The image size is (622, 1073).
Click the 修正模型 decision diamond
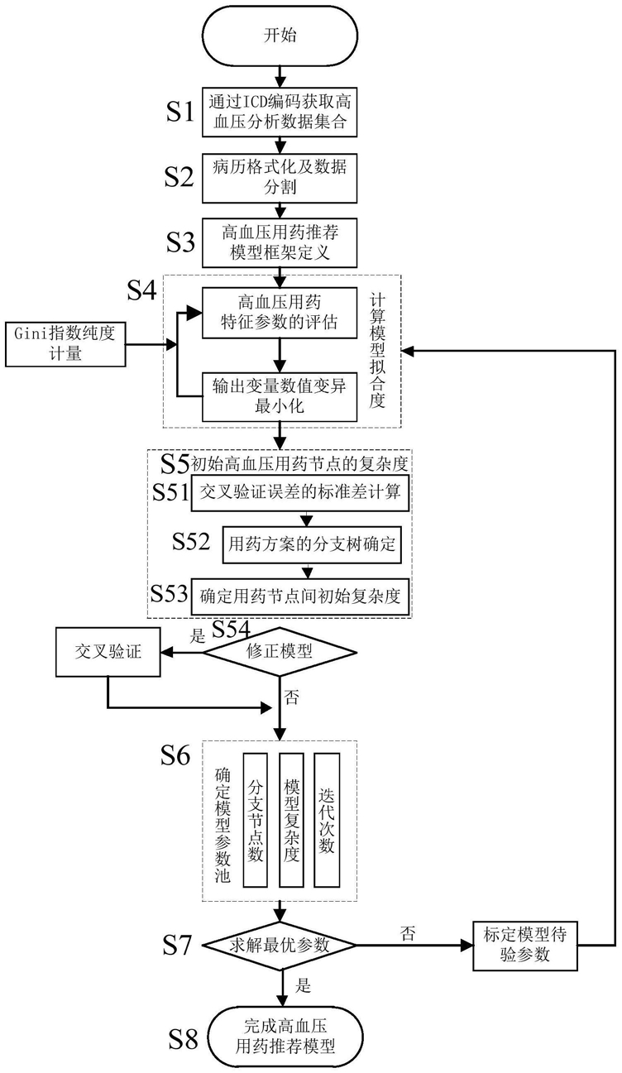coord(282,652)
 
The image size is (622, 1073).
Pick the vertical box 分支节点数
coord(256,820)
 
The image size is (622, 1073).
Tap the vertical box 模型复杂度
coord(289,820)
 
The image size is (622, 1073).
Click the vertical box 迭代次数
coord(327,820)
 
